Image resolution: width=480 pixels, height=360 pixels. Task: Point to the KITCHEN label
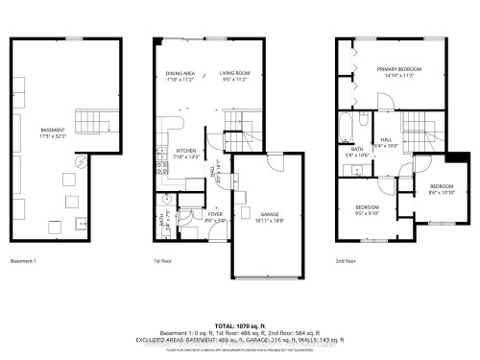[x=186, y=151]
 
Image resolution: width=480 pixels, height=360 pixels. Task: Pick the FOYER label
[x=188, y=215]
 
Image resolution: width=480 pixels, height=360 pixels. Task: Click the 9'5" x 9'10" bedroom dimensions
[x=368, y=212]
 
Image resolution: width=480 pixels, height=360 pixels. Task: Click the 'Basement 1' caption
[x=24, y=260]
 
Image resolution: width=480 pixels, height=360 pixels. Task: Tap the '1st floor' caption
[x=163, y=260]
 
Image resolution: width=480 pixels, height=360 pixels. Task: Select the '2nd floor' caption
[x=347, y=260]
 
